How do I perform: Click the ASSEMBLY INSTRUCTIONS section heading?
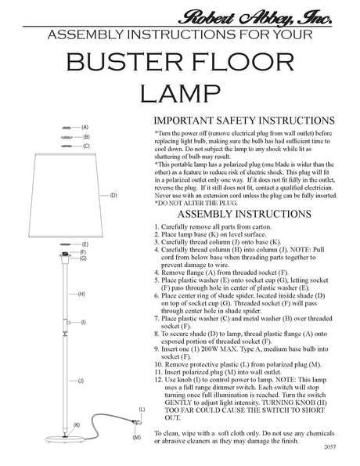(245, 214)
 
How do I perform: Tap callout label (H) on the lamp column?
(81, 293)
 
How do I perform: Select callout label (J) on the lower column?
(81, 379)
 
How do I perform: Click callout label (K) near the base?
(77, 424)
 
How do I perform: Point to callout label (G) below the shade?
(84, 258)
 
